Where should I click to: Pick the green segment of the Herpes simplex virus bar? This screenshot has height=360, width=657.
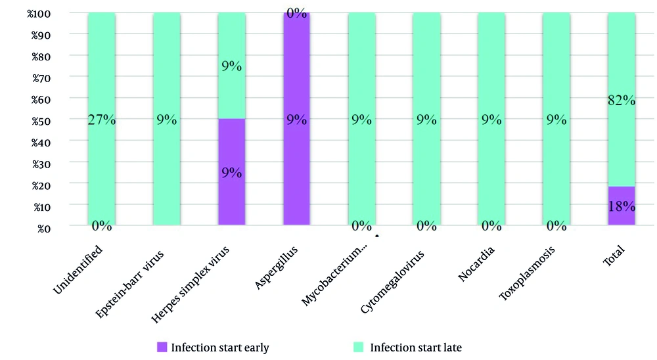[231, 85]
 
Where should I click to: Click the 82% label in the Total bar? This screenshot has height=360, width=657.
[621, 101]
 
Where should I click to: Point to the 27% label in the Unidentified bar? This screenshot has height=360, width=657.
[101, 120]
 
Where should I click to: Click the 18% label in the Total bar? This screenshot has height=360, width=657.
[621, 206]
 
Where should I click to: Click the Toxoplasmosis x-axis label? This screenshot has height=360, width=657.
[527, 273]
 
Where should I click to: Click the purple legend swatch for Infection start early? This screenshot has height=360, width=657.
[162, 347]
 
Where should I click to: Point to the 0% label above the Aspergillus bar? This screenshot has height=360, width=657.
[296, 12]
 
